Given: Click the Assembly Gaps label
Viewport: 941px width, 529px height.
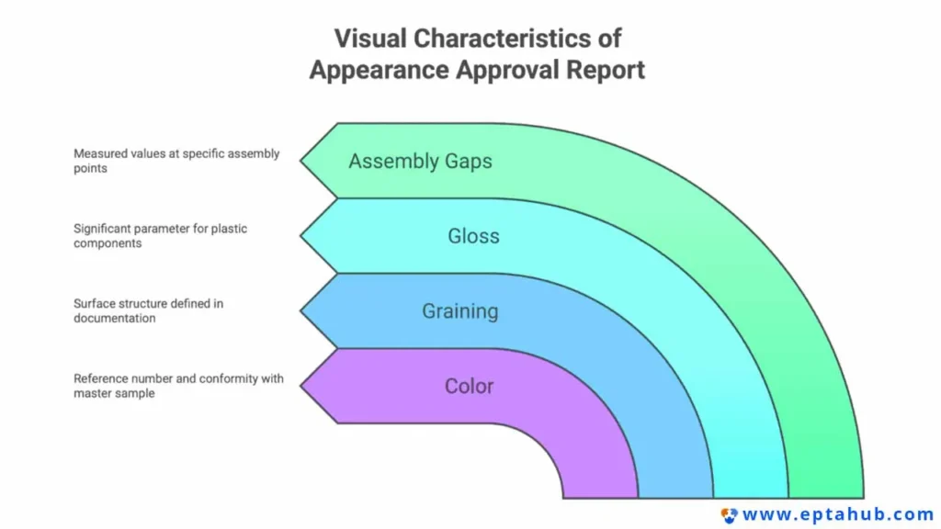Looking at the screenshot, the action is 420,162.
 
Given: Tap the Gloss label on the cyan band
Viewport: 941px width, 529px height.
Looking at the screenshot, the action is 473,236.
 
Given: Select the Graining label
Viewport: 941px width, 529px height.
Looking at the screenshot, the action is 460,311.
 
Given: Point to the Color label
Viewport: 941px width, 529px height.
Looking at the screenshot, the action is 470,387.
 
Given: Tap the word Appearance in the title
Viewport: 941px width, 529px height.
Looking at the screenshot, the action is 379,70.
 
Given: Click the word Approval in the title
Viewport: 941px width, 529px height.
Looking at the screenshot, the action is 507,70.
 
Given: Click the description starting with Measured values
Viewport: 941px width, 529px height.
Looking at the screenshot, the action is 176,161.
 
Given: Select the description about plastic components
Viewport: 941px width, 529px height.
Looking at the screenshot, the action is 160,236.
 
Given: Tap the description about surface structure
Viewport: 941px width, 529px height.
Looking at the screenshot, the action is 148,310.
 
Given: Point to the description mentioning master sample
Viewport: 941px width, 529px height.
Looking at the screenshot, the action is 178,386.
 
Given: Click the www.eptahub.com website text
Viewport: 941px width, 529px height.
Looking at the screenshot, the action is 838,514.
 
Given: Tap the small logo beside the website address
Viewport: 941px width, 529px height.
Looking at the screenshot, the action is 729,515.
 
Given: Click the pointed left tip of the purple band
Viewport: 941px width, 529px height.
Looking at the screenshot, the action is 300,387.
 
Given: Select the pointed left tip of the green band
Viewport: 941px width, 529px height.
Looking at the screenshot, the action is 300,161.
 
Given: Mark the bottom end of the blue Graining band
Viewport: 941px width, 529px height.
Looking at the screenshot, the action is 675,497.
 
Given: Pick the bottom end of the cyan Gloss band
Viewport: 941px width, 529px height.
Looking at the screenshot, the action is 751,497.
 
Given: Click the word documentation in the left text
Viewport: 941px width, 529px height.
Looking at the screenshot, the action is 115,319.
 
